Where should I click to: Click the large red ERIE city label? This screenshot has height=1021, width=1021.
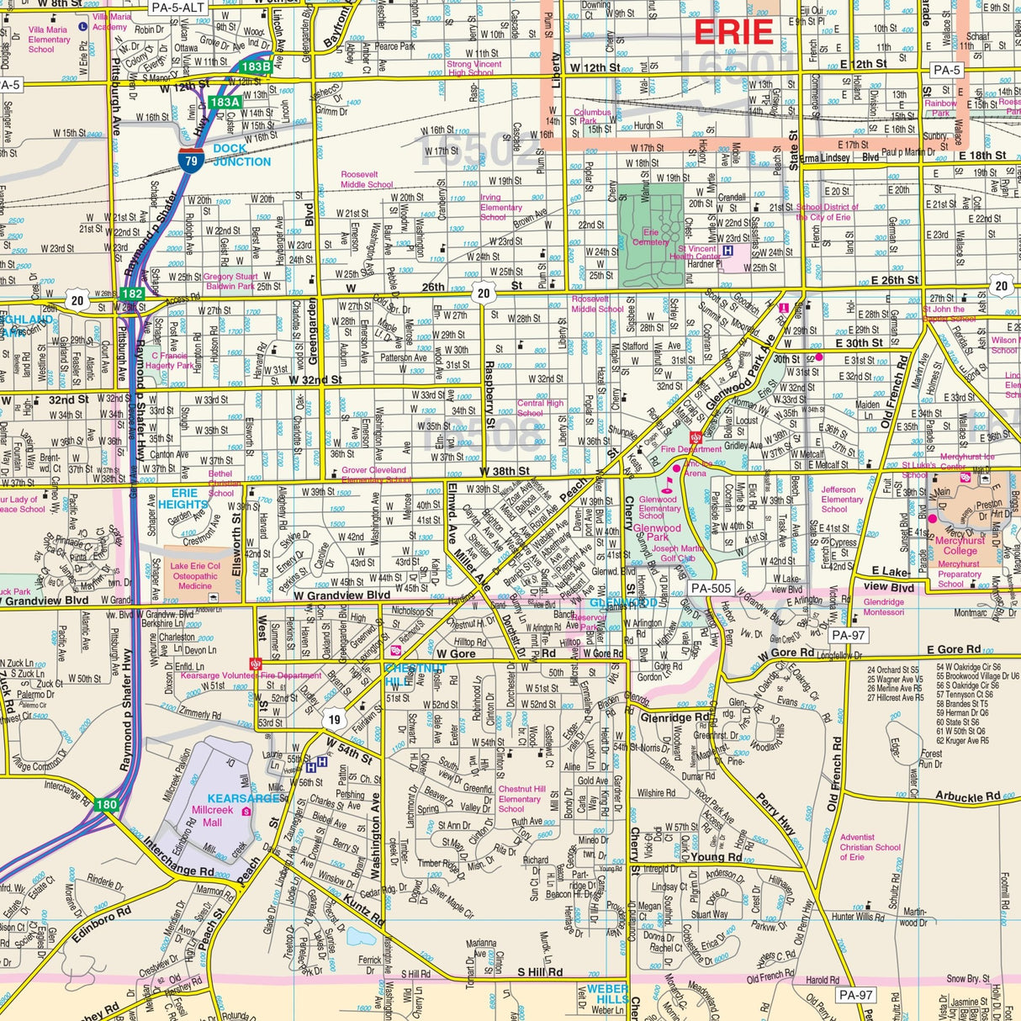coord(733,32)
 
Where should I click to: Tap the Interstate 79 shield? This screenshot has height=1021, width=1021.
coord(190,161)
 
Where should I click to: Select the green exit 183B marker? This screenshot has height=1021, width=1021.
coord(255,66)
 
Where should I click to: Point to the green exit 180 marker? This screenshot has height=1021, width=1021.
coord(106,805)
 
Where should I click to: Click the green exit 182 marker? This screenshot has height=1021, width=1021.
coord(131,294)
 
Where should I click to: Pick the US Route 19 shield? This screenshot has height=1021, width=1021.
coord(335,719)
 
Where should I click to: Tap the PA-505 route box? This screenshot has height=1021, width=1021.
coord(710,588)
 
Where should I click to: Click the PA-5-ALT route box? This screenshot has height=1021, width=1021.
coord(178,8)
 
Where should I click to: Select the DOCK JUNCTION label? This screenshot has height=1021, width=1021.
coord(241,155)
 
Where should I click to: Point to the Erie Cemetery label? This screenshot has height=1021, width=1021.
coord(651,237)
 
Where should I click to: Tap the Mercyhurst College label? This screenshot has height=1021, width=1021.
coord(960,546)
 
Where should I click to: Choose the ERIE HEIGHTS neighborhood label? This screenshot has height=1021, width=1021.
coord(183,499)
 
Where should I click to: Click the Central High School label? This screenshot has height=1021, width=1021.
coord(540,408)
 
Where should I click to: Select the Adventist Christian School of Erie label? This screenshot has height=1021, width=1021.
coord(870,847)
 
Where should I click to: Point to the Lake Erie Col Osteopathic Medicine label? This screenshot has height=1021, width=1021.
coord(195,576)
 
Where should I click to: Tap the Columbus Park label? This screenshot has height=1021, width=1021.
coord(592,116)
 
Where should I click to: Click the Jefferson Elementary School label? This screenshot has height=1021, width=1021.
coord(842,499)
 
